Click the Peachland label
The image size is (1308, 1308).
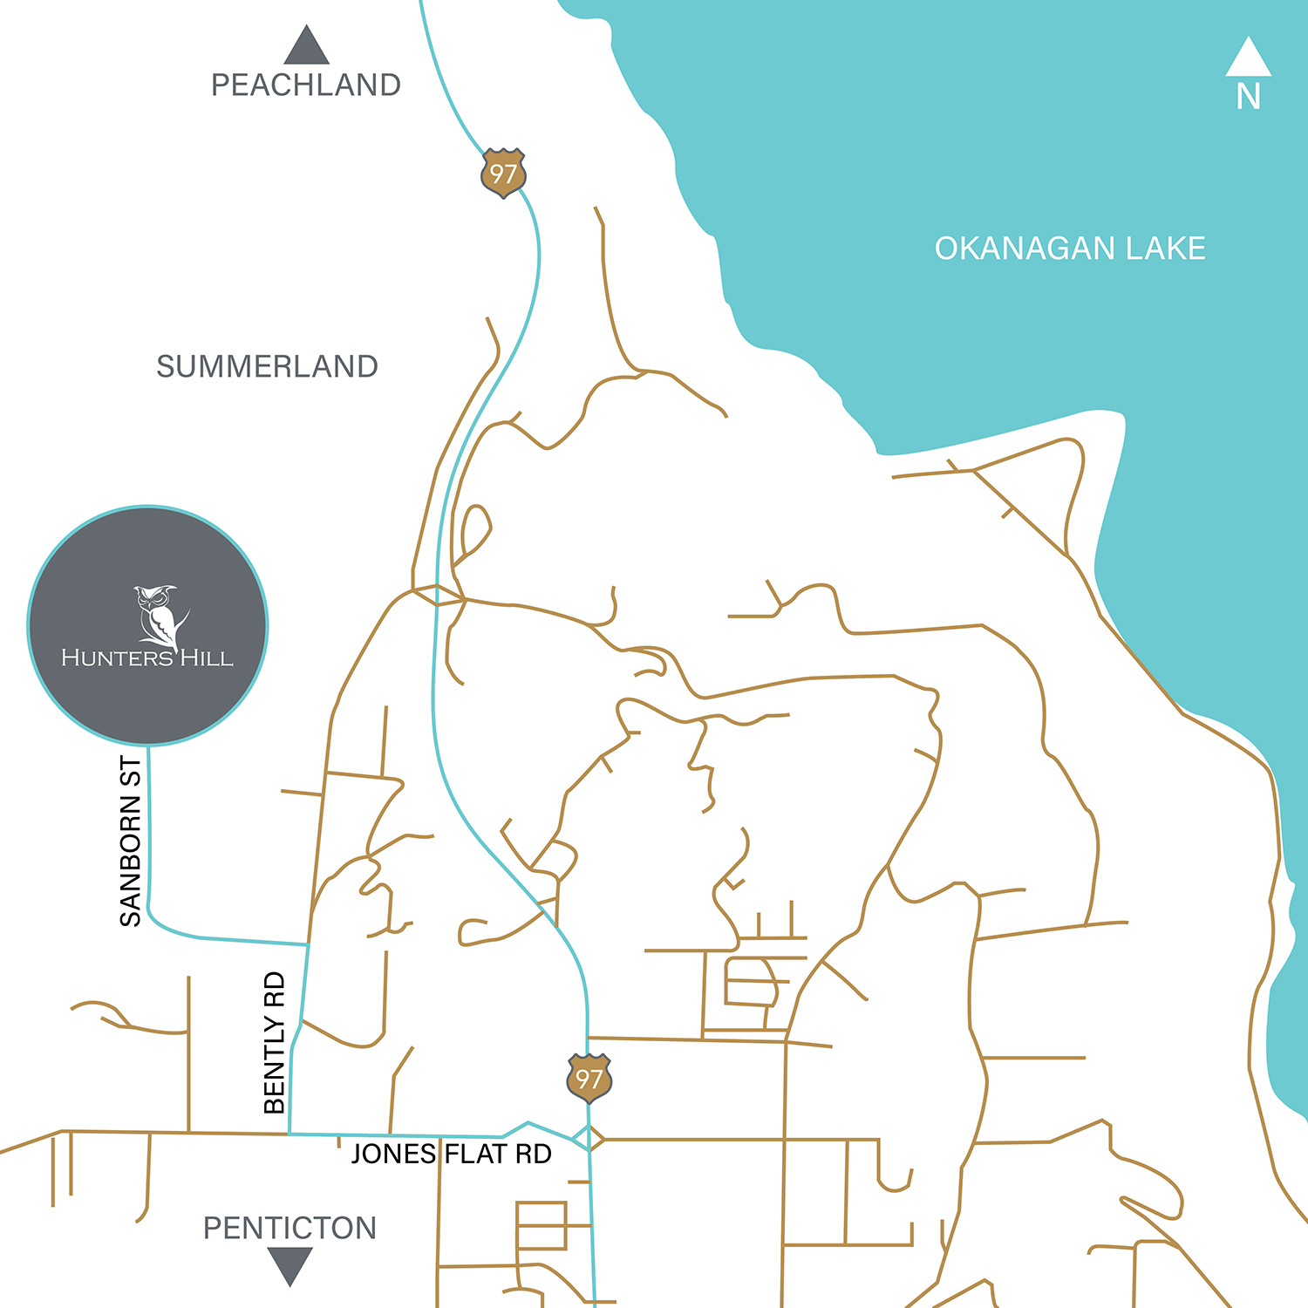click(x=306, y=85)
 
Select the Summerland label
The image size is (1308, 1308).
click(x=267, y=366)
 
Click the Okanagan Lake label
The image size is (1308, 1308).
click(x=1070, y=249)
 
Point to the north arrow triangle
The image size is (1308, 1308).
click(x=1248, y=58)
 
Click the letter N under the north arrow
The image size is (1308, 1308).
click(x=1248, y=97)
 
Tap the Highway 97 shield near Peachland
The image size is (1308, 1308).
click(x=503, y=174)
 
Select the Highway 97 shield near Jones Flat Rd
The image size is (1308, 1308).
click(x=589, y=1079)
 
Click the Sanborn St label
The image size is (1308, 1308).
click(x=130, y=841)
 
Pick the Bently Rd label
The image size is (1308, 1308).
click(x=275, y=1042)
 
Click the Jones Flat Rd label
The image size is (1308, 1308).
click(x=451, y=1154)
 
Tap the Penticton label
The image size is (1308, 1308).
click(x=290, y=1228)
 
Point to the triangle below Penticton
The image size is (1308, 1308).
click(x=290, y=1264)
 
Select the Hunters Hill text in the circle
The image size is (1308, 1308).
click(x=147, y=657)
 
